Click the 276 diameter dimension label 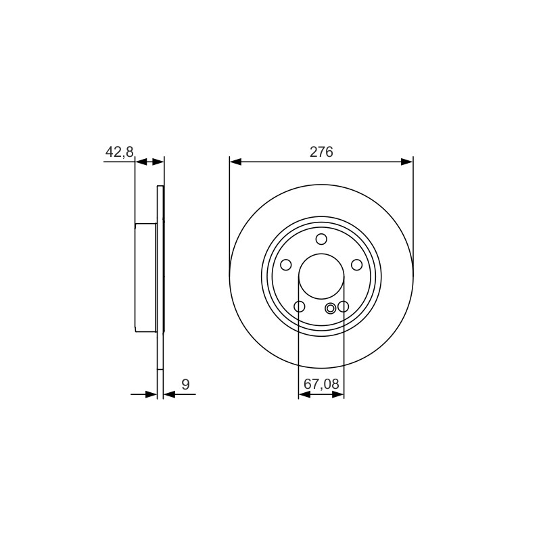click(x=321, y=151)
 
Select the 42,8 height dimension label click(x=120, y=151)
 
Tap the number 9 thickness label click(x=185, y=384)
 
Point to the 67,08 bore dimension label click(x=321, y=383)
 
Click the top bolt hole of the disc click(x=321, y=239)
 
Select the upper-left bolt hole click(x=286, y=265)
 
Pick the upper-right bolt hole click(x=356, y=265)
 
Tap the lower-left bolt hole click(x=299, y=306)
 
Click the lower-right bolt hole click(x=344, y=306)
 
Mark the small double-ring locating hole click(x=331, y=308)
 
